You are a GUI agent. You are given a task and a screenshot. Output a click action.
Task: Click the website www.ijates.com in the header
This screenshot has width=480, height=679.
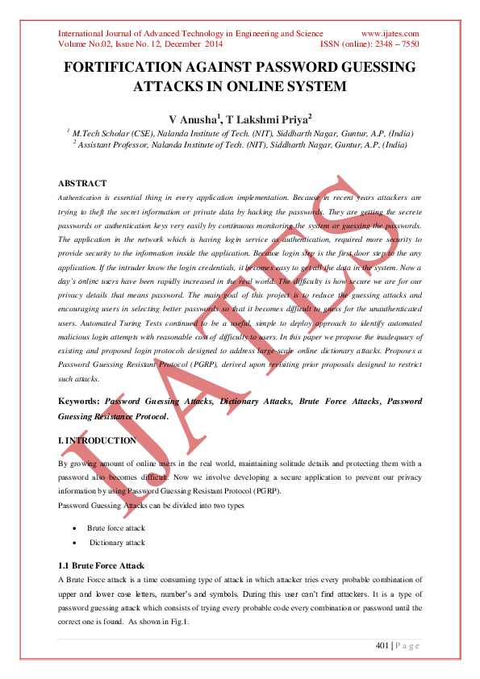click(x=390, y=33)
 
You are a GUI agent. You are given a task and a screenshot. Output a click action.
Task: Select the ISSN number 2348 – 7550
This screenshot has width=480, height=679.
click(x=394, y=44)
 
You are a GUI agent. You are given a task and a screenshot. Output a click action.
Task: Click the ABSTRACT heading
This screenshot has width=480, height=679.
click(x=83, y=184)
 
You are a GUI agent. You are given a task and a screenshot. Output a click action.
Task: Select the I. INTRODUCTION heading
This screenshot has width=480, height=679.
click(x=98, y=441)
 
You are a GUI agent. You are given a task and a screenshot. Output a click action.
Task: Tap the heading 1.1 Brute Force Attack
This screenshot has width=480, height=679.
click(x=102, y=567)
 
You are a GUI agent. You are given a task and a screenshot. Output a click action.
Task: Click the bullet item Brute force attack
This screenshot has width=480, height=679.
click(x=116, y=527)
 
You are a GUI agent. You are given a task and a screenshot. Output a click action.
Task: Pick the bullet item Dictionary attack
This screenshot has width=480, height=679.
click(x=117, y=543)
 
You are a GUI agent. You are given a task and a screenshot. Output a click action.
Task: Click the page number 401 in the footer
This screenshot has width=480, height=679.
click(x=383, y=645)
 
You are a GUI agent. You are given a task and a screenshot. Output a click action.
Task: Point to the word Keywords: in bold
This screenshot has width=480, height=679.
click(x=79, y=401)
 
